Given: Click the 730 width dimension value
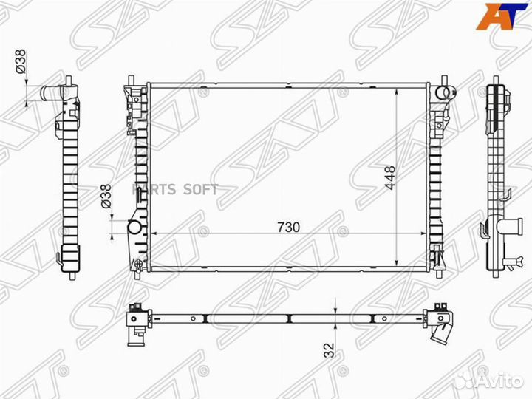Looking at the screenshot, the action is click(289, 227).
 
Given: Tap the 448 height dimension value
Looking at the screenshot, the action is click(390, 178).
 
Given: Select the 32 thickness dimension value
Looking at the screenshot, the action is click(329, 349).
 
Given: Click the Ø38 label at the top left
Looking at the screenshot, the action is click(21, 62).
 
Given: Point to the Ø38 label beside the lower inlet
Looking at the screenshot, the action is click(106, 196).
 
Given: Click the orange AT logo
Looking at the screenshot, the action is click(499, 16).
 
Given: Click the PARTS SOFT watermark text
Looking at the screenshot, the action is click(174, 189).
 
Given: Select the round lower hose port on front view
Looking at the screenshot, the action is click(134, 227).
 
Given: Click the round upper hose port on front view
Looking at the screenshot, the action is click(443, 92).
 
